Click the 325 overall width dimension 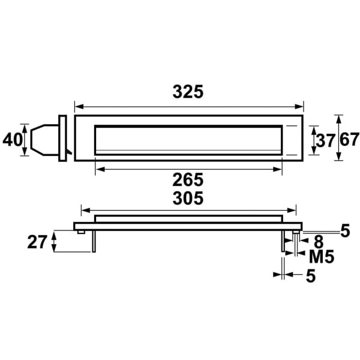pyautogui.click(x=188, y=92)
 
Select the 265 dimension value pyautogui.click(x=188, y=179)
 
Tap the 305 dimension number pyautogui.click(x=188, y=197)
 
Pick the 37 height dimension pyautogui.click(x=325, y=141)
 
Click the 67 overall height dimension pyautogui.click(x=349, y=140)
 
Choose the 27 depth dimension pyautogui.click(x=37, y=242)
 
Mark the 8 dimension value pyautogui.click(x=318, y=242)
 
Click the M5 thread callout pyautogui.click(x=322, y=257)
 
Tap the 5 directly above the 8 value pyautogui.click(x=344, y=230)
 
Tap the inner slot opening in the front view pyautogui.click(x=188, y=139)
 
